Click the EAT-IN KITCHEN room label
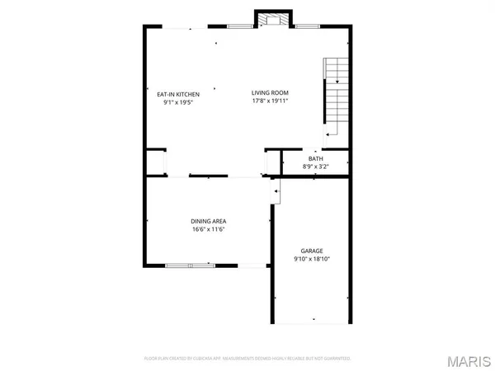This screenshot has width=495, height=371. pos(179,94)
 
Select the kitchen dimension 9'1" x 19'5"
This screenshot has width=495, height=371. pos(179,102)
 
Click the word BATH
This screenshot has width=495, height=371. pos(316,158)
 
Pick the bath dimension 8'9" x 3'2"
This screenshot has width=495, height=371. pos(316,167)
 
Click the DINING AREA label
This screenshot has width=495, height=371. pos(209,221)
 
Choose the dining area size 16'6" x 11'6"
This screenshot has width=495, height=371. pos(209,229)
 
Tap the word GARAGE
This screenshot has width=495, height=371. pos(311,251)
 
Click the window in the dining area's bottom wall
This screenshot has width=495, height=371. pos(189,265)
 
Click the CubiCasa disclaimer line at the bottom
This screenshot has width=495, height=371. pos(247,359)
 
